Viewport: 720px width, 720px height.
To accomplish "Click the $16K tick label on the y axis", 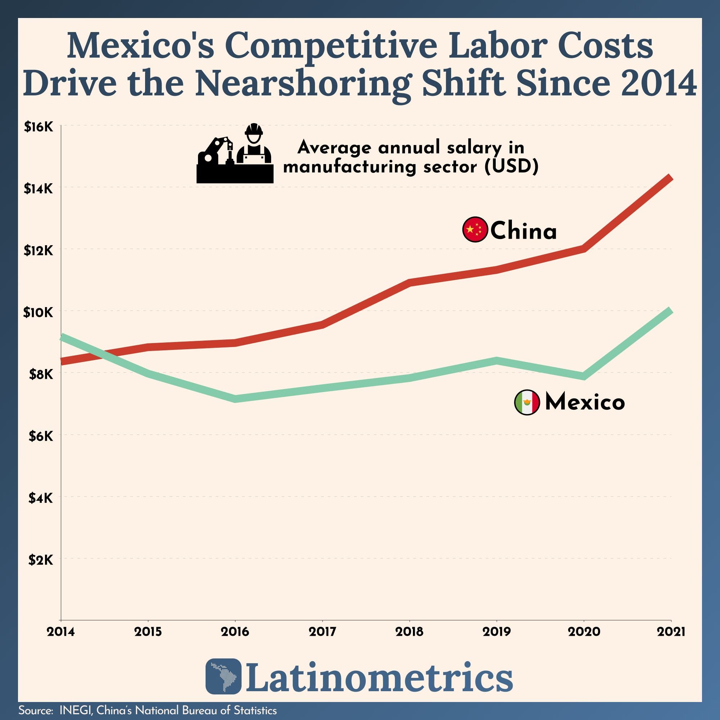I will click(39, 127).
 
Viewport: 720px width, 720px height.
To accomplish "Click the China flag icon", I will click(475, 229).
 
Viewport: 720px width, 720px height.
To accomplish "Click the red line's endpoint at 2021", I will click(670, 177).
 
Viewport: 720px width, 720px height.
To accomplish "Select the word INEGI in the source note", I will click(75, 710).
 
